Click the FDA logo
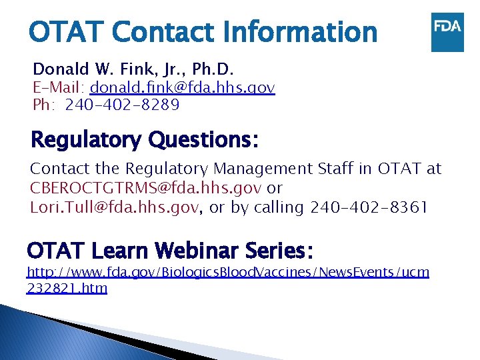[x=447, y=31]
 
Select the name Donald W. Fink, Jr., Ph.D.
[x=133, y=69]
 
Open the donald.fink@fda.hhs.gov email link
[x=183, y=87]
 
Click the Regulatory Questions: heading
[x=145, y=140]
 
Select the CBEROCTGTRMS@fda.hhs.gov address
[x=146, y=188]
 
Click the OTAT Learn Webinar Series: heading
[x=170, y=251]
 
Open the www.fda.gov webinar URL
[x=227, y=272]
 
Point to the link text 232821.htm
[x=67, y=288]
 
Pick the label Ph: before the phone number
[x=43, y=105]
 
